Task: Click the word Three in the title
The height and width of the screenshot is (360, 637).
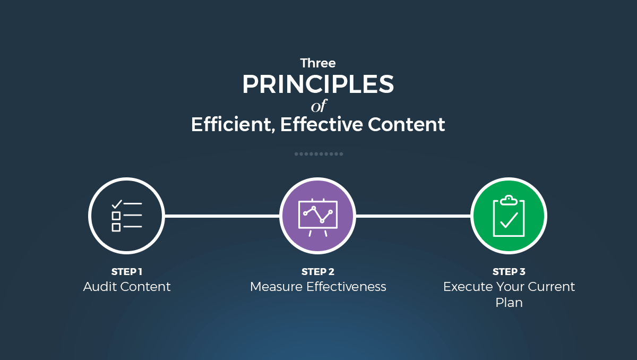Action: point(318,63)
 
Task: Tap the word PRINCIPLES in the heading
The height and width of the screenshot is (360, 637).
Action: point(318,85)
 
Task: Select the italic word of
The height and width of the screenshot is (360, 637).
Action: point(318,106)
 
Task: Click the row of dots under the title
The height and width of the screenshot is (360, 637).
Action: point(318,154)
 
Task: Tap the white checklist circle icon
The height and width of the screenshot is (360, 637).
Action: point(126,216)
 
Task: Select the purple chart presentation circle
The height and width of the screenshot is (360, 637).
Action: point(317,216)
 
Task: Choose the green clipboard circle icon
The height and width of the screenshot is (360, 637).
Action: point(509,216)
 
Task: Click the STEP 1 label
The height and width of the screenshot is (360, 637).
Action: point(126,272)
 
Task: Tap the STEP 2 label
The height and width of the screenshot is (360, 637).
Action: point(317,272)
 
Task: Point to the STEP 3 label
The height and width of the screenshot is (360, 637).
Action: point(509,272)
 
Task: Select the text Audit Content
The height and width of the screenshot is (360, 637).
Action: point(127,287)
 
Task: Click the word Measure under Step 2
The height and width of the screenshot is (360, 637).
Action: point(276,287)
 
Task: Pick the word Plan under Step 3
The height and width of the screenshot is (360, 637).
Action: point(509,303)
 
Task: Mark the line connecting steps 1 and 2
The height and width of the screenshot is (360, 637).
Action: point(222,216)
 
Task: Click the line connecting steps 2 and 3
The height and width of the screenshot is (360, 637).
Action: point(413,216)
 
